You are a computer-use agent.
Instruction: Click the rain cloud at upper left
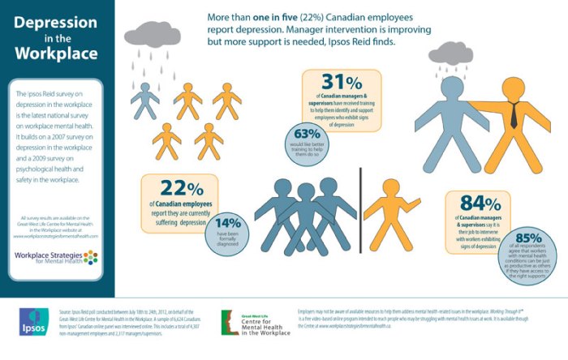click(x=153, y=36)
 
